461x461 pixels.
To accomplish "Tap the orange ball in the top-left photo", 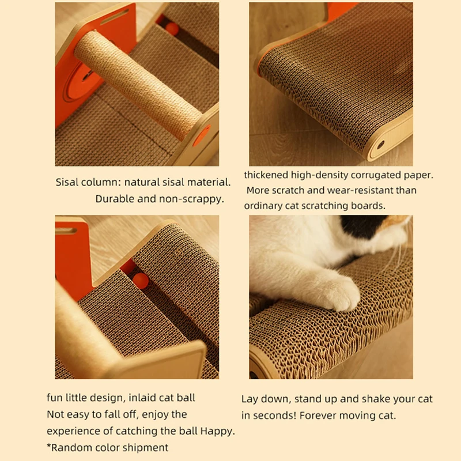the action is pyautogui.click(x=172, y=29).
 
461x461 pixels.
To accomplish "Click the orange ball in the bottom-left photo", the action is pyautogui.click(x=141, y=281).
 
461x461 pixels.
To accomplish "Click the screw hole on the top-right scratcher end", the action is pyautogui.click(x=380, y=145).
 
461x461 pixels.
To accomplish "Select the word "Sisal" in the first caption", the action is pyautogui.click(x=67, y=182).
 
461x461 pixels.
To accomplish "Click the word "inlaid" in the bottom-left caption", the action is pyautogui.click(x=142, y=398).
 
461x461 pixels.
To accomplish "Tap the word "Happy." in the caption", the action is pyautogui.click(x=218, y=431).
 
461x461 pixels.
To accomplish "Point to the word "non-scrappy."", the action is pyautogui.click(x=192, y=199).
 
